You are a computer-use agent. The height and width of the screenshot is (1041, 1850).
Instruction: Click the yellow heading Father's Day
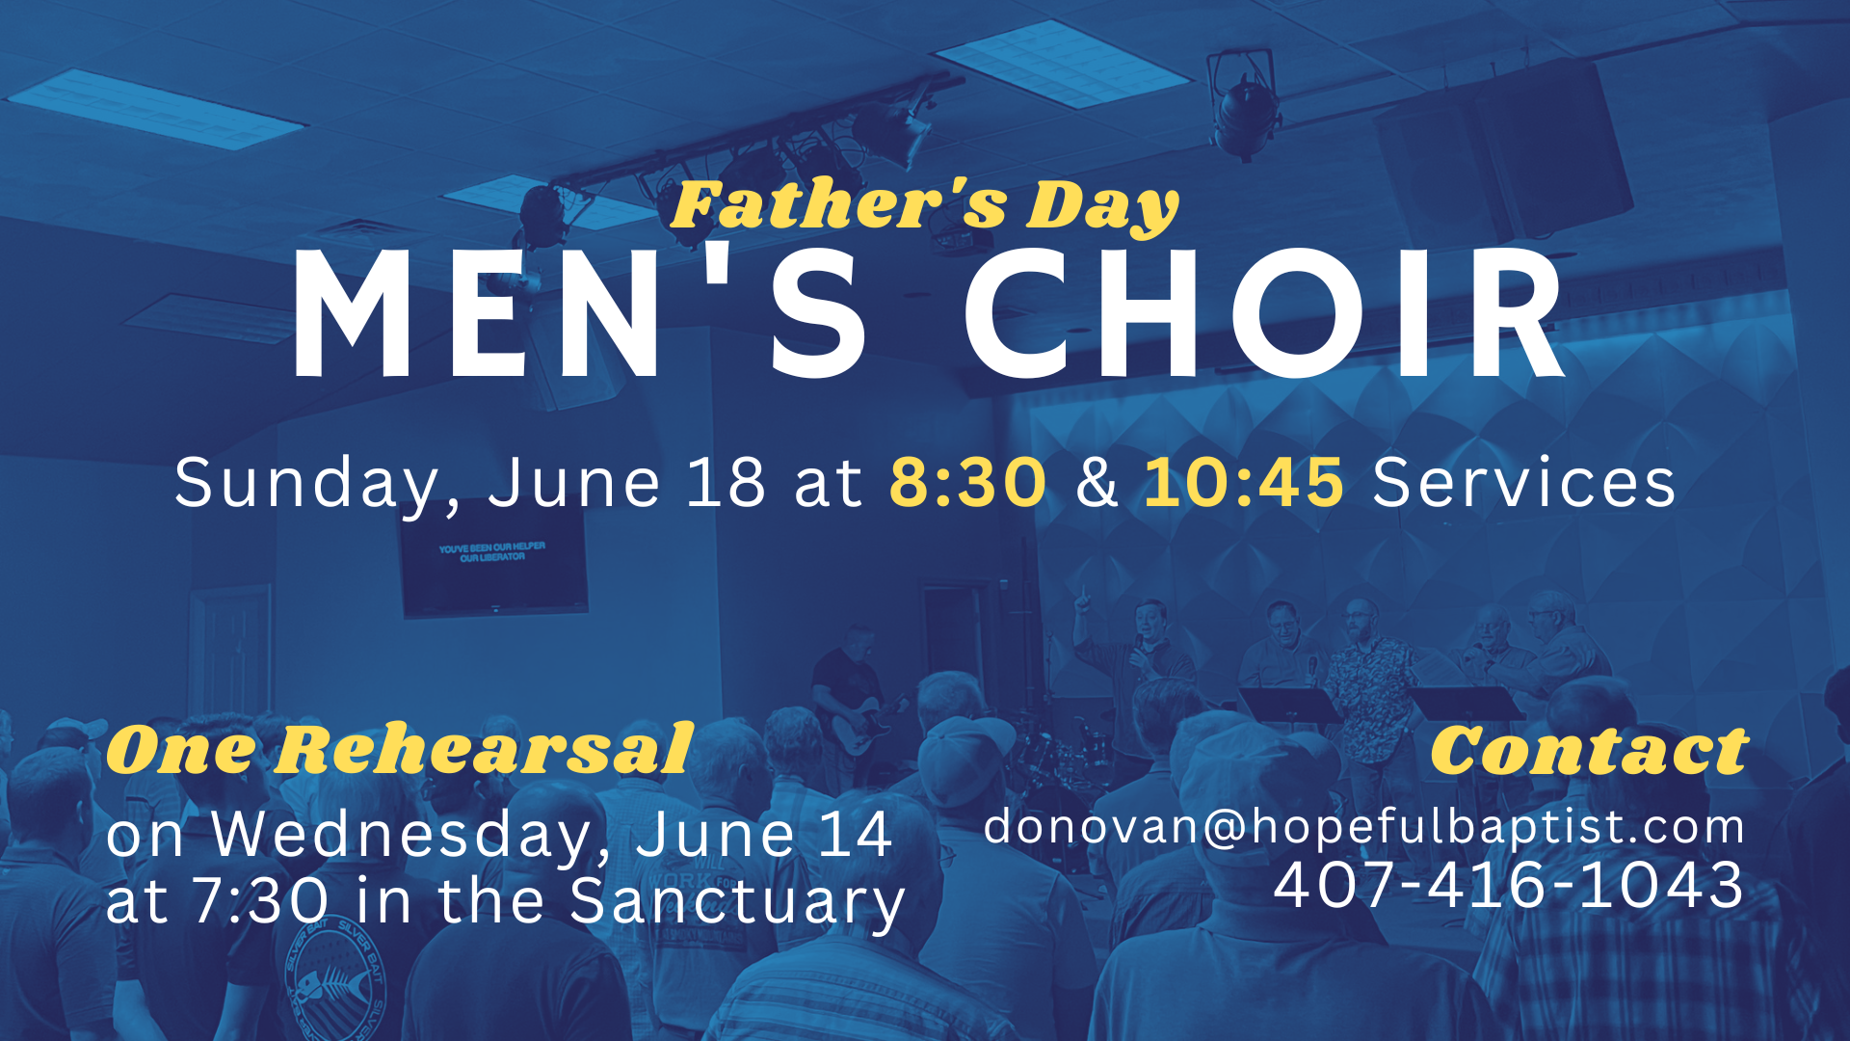pyautogui.click(x=924, y=205)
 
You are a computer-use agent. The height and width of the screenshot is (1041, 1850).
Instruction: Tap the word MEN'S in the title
pyautogui.click(x=578, y=315)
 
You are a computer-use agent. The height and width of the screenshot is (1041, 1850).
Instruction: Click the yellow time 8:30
pyautogui.click(x=966, y=482)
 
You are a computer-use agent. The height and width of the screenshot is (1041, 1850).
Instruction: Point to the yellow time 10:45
pyautogui.click(x=1243, y=482)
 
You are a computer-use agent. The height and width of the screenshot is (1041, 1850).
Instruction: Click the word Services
pyautogui.click(x=1523, y=482)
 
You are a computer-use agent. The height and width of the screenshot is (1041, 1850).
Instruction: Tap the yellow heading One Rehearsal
pyautogui.click(x=399, y=750)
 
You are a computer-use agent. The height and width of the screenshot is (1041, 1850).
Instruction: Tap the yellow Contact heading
pyautogui.click(x=1589, y=751)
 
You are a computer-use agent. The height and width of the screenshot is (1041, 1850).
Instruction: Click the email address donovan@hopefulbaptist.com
pyautogui.click(x=1363, y=827)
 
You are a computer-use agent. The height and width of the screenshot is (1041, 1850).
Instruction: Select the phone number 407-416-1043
pyautogui.click(x=1508, y=885)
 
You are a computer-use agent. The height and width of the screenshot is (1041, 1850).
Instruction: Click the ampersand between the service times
pyautogui.click(x=1097, y=482)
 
